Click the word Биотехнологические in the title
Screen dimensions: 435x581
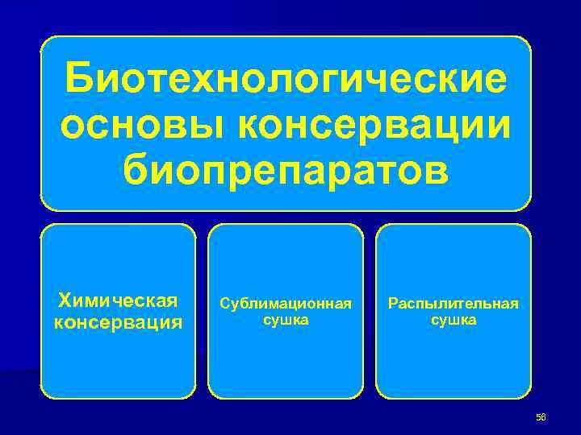tap(286, 81)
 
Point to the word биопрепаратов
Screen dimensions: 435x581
tap(286, 170)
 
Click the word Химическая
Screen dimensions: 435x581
tap(118, 301)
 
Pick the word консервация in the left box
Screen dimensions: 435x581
tap(118, 322)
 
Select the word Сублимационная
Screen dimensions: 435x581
tap(286, 304)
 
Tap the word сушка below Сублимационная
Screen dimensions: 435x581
tap(286, 320)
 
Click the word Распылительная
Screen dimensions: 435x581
tap(454, 304)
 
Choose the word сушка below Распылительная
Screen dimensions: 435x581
tap(454, 320)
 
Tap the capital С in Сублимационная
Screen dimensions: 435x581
tap(224, 304)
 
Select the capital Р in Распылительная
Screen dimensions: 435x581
tap(392, 304)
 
